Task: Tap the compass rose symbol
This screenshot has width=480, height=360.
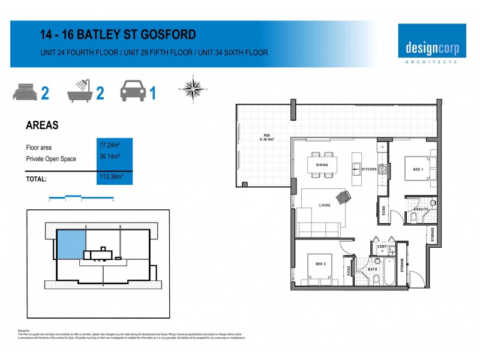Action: pos(193,88)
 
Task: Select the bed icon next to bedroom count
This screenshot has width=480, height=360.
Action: pos(25,92)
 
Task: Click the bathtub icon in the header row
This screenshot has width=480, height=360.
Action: pos(80,91)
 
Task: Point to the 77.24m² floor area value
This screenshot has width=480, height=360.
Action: pos(109,145)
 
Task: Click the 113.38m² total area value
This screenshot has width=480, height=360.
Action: pos(110,177)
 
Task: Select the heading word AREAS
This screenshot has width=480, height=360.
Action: pos(42,126)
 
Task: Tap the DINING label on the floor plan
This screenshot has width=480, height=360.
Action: pos(322,164)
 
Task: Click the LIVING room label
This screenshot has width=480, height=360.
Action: pos(325,206)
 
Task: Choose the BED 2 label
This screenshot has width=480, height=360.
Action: pos(320,264)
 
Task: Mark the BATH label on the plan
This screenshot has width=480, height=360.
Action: pos(373,269)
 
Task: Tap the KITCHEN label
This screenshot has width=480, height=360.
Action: pos(370,170)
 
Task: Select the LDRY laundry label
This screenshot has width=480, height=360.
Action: pos(382,247)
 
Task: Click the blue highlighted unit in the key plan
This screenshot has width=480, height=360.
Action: pos(70,244)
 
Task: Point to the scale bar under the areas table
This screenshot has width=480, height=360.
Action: pos(81,197)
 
